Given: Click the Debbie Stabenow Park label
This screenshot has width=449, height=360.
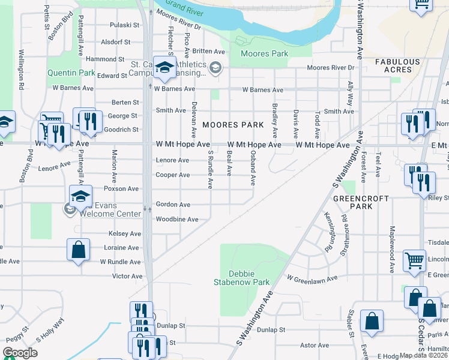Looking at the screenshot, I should [243, 277].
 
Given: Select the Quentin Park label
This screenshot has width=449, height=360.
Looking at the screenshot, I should [72, 73].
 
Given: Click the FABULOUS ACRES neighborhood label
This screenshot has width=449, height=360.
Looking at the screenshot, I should [397, 66].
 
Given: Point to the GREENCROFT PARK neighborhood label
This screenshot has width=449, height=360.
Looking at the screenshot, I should [361, 202].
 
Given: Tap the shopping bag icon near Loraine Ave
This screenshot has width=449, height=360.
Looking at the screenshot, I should [79, 250].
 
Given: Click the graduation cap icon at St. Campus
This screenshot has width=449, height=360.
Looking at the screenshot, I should [163, 68].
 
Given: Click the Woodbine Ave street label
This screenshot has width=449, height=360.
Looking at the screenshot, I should [177, 220].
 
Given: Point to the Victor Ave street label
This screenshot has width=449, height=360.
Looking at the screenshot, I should [128, 277].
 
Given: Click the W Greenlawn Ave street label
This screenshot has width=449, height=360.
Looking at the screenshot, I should [312, 278].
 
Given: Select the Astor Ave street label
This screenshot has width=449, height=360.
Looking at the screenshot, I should [315, 346].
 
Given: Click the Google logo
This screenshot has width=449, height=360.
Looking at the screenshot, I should [20, 353].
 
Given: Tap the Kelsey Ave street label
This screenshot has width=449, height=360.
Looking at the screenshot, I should [125, 233].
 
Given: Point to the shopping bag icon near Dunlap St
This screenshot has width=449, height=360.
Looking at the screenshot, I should [372, 321].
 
